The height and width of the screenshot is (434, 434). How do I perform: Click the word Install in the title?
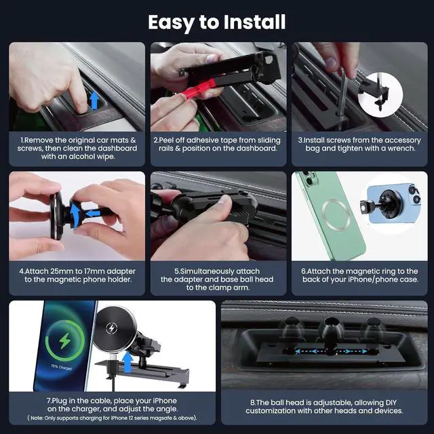click(x=254, y=22)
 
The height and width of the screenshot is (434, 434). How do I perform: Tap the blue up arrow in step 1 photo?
click(x=94, y=100)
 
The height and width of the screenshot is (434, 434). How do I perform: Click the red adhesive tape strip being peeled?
click(x=198, y=89)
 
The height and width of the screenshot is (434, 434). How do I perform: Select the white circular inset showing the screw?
click(x=380, y=95)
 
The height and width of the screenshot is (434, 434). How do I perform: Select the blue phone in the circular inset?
click(x=394, y=203)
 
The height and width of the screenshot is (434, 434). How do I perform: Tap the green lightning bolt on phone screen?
click(x=65, y=340)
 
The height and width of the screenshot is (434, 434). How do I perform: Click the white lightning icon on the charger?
click(x=111, y=328)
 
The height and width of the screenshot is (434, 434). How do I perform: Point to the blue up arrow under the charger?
click(x=127, y=361)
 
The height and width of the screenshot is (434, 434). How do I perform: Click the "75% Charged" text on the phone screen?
click(x=61, y=367)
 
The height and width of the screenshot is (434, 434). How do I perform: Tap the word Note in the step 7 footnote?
click(x=37, y=418)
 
